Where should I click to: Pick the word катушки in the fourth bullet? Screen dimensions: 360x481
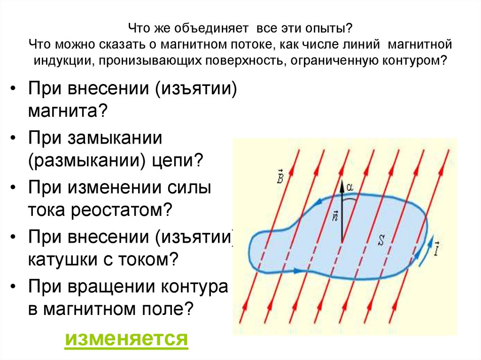pyautogui.click(x=63, y=260)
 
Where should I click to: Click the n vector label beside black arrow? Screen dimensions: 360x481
pyautogui.click(x=334, y=215)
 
